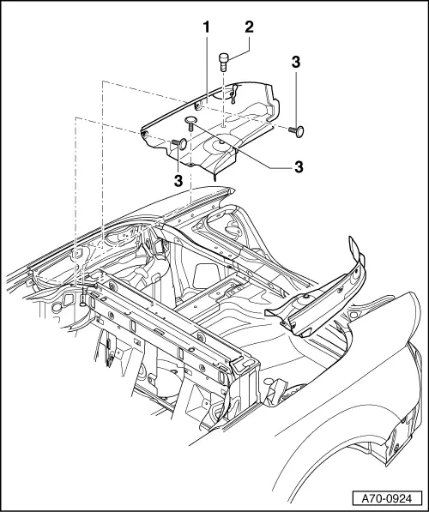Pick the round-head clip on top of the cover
coord(191,123)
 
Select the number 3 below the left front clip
coord(179,181)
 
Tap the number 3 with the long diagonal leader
coord(299,166)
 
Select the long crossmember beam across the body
coord(163,322)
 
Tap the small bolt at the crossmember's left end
coord(82,302)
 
